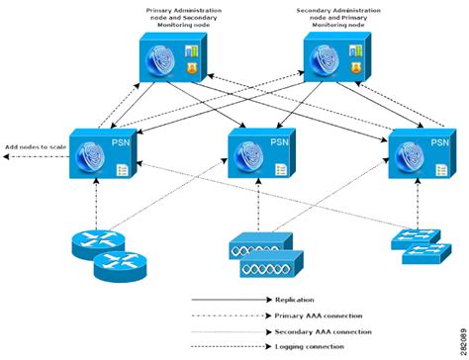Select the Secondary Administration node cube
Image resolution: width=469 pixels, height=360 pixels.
click(x=329, y=61)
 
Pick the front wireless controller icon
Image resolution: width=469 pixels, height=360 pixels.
click(x=262, y=265)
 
